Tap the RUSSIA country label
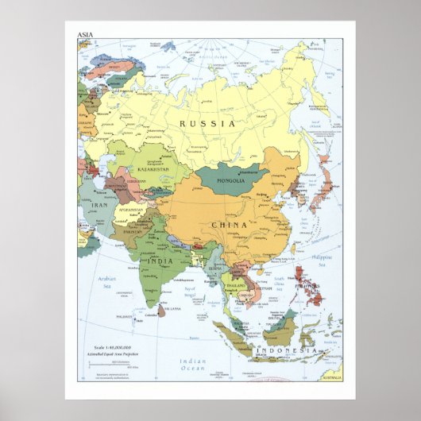pyautogui.click(x=207, y=124)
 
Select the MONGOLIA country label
pyautogui.click(x=231, y=180)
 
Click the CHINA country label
pyautogui.click(x=229, y=226)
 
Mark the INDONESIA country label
pyautogui.click(x=288, y=350)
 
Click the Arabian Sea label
pyautogui.click(x=107, y=283)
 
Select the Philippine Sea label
pyautogui.click(x=321, y=260)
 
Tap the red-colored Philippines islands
pyautogui.click(x=310, y=291)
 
